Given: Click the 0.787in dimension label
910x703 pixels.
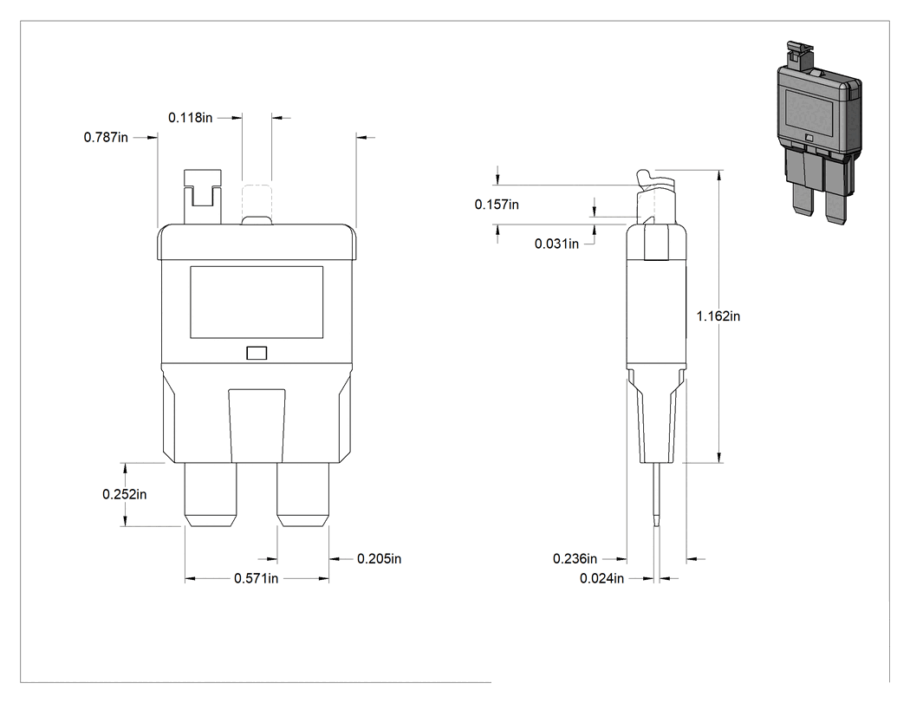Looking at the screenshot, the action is click(106, 138).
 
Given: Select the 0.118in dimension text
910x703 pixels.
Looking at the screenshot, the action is click(191, 118).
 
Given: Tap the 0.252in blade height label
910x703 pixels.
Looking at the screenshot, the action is click(124, 495).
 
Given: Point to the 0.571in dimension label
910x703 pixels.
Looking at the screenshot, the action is click(256, 579).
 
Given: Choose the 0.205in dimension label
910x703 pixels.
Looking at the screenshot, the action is click(379, 559).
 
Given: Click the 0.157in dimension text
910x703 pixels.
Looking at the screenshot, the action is click(497, 205).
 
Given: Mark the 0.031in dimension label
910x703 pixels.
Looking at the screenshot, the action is click(556, 244).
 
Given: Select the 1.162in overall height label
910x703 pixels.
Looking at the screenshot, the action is click(718, 316).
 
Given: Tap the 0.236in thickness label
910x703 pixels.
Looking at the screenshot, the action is click(575, 559).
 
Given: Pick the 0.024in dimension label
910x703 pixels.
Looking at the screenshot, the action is click(601, 579).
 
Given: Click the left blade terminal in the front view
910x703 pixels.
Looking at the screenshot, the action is click(211, 495).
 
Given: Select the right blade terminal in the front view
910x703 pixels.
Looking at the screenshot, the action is click(303, 495).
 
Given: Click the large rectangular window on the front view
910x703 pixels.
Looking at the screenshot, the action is click(257, 302).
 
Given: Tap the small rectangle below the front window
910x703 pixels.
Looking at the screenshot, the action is click(257, 353).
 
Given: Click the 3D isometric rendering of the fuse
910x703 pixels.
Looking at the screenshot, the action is click(819, 133).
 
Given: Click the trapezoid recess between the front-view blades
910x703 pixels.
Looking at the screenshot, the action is click(257, 426).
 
